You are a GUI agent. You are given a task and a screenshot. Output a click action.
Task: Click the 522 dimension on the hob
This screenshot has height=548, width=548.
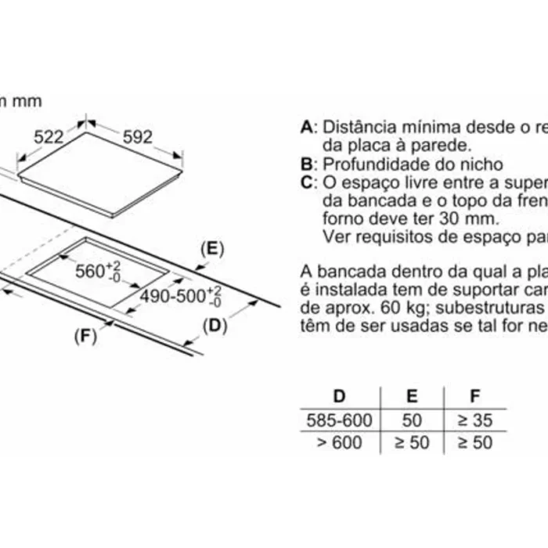[49, 137]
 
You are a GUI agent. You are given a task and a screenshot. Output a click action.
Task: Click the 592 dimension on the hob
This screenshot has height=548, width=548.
[139, 137]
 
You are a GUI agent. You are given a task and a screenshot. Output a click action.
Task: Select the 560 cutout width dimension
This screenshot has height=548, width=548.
[99, 272]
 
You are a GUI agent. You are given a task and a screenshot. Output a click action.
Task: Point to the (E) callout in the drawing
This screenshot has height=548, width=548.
[212, 250]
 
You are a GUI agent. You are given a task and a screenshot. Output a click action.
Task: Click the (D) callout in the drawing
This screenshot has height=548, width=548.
[214, 325]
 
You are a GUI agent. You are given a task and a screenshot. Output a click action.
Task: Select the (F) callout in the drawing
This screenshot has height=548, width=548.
[84, 337]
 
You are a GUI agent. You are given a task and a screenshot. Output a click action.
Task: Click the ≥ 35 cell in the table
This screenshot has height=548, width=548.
[475, 420]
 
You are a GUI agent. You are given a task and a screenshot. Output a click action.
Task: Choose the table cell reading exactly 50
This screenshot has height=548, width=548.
[411, 420]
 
